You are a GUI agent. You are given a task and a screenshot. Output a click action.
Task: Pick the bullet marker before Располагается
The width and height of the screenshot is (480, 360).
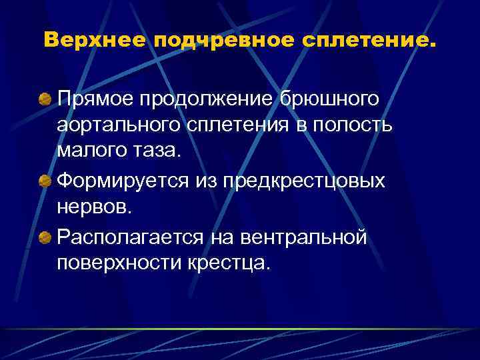(x=45, y=237)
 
